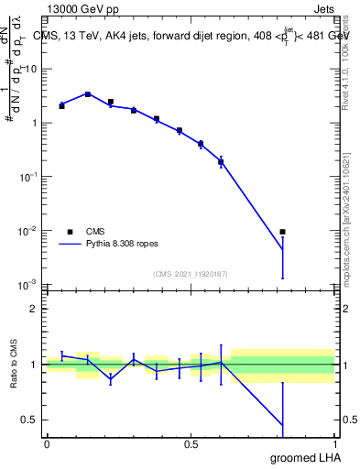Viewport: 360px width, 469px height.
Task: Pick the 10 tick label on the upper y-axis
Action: (x=30, y=70)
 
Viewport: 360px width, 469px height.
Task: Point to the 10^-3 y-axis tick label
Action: (x=28, y=284)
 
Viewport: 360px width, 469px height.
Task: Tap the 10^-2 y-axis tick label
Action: (x=28, y=231)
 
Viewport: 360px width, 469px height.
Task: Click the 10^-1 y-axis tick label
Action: (x=28, y=177)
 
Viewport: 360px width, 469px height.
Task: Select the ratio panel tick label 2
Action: (x=35, y=309)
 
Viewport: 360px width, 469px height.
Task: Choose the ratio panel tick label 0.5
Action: (x=30, y=420)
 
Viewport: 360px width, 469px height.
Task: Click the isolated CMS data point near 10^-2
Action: (x=282, y=232)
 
